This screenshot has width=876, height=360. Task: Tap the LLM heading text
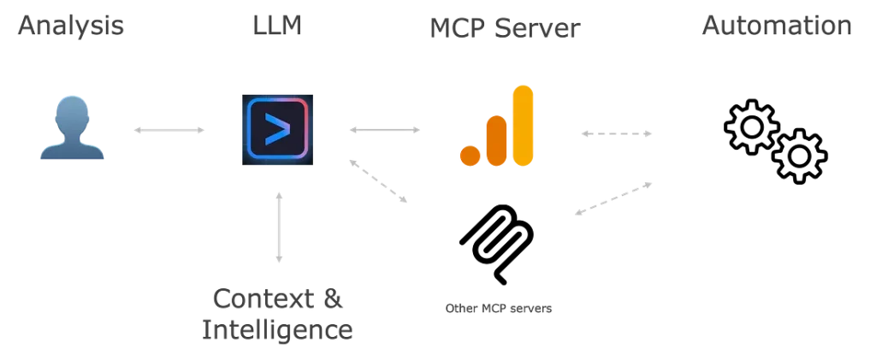274,27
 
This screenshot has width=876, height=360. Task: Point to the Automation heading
777,27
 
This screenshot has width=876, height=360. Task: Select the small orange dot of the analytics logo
468,155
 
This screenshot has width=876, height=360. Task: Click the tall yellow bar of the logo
522,124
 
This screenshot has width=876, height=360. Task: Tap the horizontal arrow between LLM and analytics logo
384,130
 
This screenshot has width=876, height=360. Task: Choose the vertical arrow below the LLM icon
275,229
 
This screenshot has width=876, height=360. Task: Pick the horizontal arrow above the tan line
616,133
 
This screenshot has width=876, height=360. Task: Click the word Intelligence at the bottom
275,330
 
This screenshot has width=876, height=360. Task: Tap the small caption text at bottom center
495,306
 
